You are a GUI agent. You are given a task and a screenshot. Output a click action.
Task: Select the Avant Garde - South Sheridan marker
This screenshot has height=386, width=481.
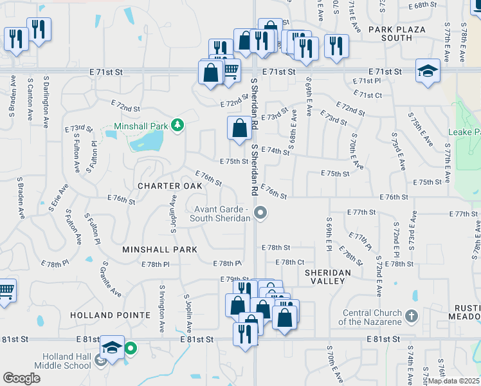tap(260, 212)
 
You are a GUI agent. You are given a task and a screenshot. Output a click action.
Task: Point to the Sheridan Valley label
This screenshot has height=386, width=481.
tap(328, 273)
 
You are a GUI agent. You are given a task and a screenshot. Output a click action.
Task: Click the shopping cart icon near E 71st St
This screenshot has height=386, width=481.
tap(231, 69)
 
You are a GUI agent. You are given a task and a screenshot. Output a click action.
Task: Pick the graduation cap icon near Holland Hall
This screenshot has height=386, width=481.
tap(112, 348)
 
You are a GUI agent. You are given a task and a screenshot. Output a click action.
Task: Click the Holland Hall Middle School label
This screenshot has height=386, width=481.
tap(67, 362)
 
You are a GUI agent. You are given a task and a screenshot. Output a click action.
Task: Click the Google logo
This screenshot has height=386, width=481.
tap(21, 378)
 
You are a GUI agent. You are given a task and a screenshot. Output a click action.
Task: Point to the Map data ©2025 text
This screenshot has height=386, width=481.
tap(452, 381)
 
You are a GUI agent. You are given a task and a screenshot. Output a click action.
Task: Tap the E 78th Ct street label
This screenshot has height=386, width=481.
tap(290, 262)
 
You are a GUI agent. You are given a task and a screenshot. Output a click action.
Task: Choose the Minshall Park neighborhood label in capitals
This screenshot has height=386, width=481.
tap(161, 248)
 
